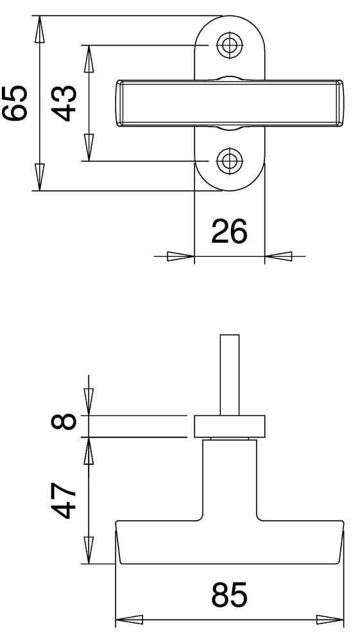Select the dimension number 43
[x=65, y=103]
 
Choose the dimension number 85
[x=229, y=596]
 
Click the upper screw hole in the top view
[x=229, y=44]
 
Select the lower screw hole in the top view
[x=229, y=160]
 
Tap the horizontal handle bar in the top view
[x=229, y=103]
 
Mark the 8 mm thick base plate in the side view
[x=229, y=426]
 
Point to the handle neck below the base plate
[x=229, y=478]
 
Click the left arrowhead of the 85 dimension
[x=128, y=621]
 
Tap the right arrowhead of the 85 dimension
[x=330, y=621]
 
